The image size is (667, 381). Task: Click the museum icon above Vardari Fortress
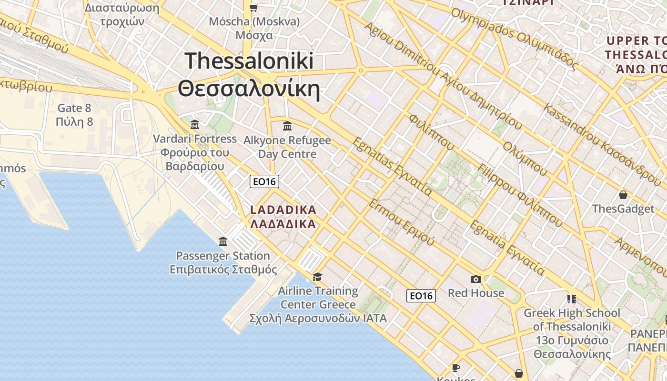(x=195, y=125)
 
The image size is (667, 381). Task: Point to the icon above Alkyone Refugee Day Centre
(x=287, y=126)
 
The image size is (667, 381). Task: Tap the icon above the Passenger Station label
(x=223, y=242)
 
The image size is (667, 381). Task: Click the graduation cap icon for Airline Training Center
(x=317, y=277)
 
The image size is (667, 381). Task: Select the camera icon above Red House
(x=475, y=280)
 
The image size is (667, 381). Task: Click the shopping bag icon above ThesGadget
(x=623, y=195)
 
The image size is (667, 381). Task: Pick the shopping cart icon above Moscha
(x=254, y=8)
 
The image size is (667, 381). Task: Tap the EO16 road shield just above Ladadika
(x=264, y=181)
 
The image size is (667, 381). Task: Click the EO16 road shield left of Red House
(x=421, y=296)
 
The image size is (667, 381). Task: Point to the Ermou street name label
(x=401, y=222)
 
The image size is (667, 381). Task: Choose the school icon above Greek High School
(x=572, y=299)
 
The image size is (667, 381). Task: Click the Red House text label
(x=476, y=293)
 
